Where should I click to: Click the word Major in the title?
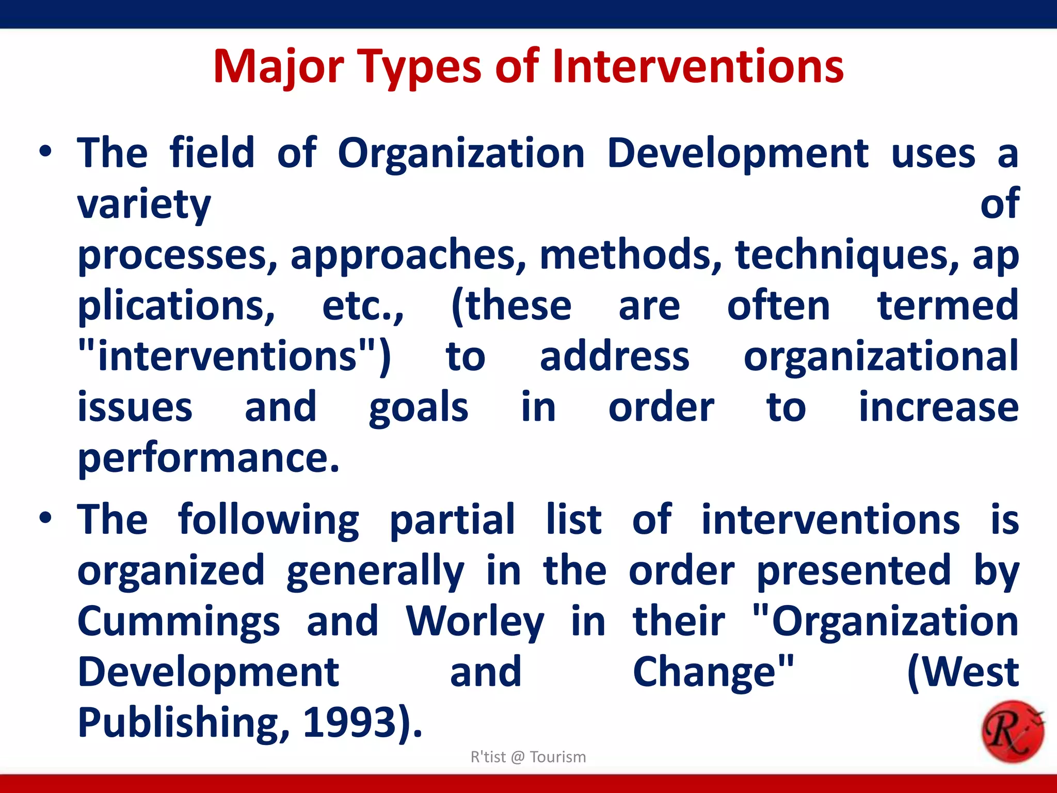pyautogui.click(x=279, y=67)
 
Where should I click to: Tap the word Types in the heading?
pyautogui.click(x=421, y=67)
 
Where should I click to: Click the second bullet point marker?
pyautogui.click(x=45, y=518)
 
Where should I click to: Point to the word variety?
pyautogui.click(x=144, y=204)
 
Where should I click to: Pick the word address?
pyautogui.click(x=614, y=357)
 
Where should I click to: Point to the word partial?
pyautogui.click(x=452, y=519)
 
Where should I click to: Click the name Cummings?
pyautogui.click(x=179, y=622)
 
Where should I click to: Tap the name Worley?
pyautogui.click(x=475, y=622)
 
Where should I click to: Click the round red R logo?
pyautogui.click(x=1012, y=732)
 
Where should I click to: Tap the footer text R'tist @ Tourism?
pyautogui.click(x=528, y=757)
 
